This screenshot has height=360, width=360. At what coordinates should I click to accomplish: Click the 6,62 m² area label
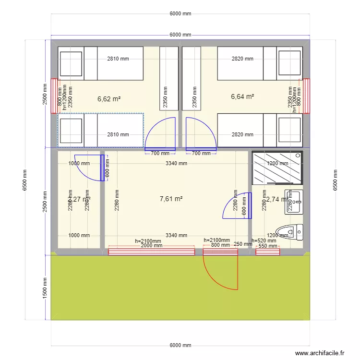(x=108, y=99)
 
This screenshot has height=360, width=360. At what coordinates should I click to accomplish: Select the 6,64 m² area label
(x=242, y=96)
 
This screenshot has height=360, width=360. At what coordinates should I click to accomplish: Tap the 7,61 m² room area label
(x=171, y=199)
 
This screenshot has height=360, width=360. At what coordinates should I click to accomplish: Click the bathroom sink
(x=294, y=202)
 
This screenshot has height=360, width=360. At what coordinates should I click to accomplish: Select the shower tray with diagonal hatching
(x=277, y=168)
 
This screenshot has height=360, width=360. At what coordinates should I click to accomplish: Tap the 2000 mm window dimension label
(x=151, y=245)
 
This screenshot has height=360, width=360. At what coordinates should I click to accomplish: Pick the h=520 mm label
(x=264, y=240)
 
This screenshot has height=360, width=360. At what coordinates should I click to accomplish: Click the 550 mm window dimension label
(x=268, y=246)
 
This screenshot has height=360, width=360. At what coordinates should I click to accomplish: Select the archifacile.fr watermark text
(x=320, y=353)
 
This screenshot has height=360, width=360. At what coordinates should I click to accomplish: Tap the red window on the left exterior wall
(x=54, y=96)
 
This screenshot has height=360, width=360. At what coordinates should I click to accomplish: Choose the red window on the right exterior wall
(x=306, y=96)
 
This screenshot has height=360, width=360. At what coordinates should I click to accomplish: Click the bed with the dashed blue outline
(x=101, y=130)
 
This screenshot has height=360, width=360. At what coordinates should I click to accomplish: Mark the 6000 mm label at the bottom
(x=180, y=346)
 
